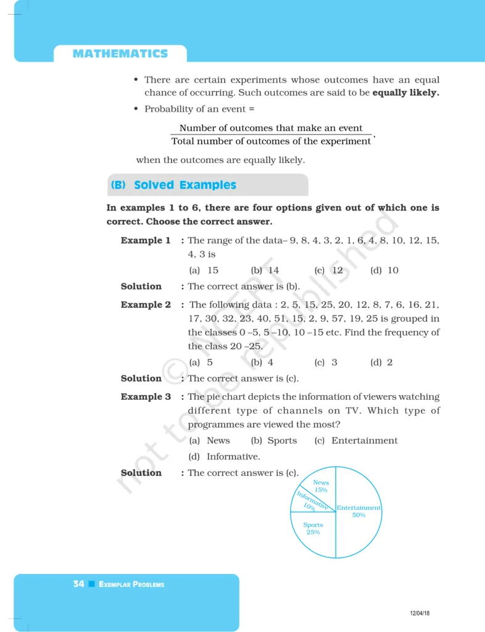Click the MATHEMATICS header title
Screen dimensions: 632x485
(120, 54)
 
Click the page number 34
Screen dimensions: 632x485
(78, 584)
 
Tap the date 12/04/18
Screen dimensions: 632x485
(420, 613)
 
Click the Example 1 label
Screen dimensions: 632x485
(146, 241)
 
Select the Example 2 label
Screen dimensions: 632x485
(146, 305)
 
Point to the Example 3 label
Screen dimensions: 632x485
(146, 397)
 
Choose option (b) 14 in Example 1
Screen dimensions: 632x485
(265, 270)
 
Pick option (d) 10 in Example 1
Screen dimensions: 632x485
(384, 270)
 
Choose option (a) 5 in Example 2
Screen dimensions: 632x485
(201, 362)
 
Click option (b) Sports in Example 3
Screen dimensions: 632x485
(275, 441)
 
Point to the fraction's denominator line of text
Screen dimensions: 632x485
(272, 141)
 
